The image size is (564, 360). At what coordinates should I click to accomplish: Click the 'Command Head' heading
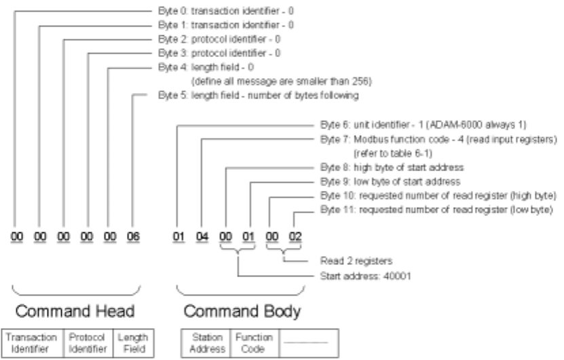pyautogui.click(x=75, y=313)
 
